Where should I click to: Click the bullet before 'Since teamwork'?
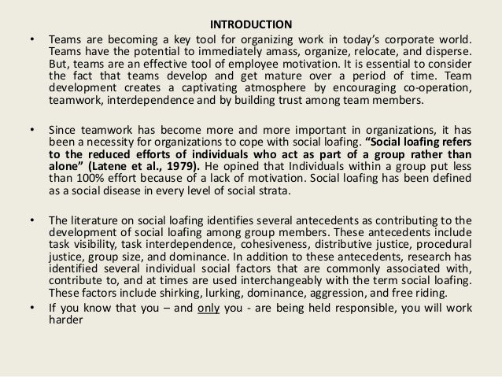(x=31, y=129)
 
